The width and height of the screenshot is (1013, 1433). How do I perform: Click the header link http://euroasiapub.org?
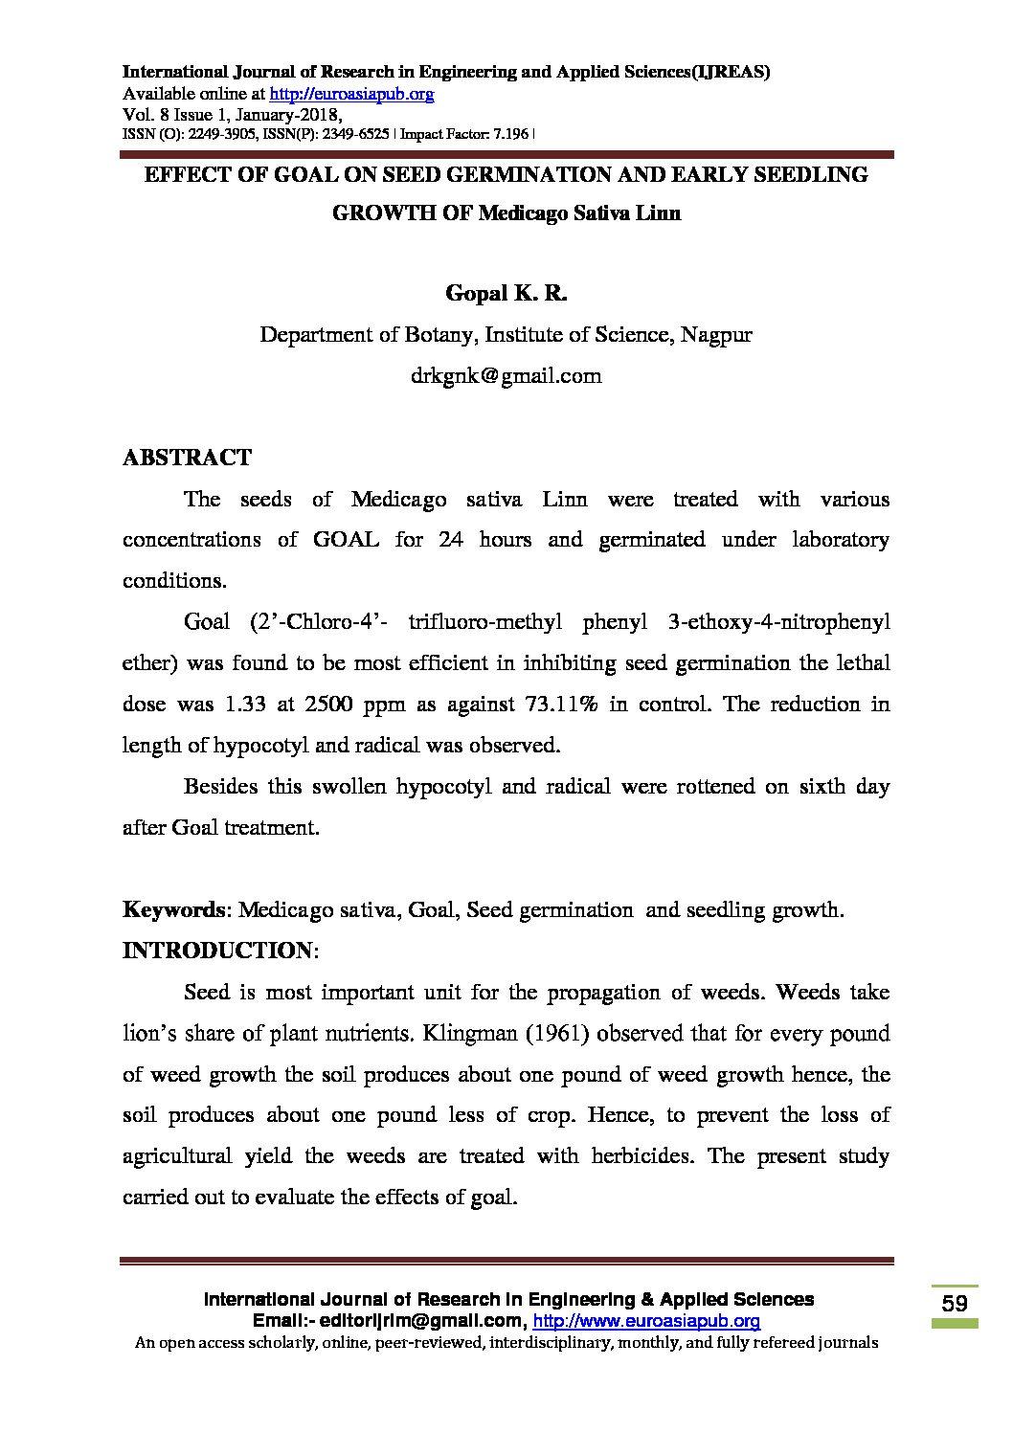pyautogui.click(x=351, y=94)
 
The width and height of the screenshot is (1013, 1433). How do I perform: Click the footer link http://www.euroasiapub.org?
pyautogui.click(x=646, y=1321)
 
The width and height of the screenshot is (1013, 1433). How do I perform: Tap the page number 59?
pyautogui.click(x=954, y=1303)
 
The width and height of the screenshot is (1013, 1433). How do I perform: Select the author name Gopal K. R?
pyautogui.click(x=506, y=294)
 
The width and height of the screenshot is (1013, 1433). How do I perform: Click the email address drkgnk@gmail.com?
pyautogui.click(x=506, y=376)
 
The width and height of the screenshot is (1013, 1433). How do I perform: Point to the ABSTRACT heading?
pyautogui.click(x=187, y=458)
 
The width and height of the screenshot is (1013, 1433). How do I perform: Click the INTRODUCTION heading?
pyautogui.click(x=217, y=951)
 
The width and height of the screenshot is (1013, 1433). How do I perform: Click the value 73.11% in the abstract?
pyautogui.click(x=562, y=705)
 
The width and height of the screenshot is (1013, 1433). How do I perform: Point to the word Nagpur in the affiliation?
pyautogui.click(x=716, y=335)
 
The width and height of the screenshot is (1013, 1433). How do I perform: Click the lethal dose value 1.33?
pyautogui.click(x=245, y=705)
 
